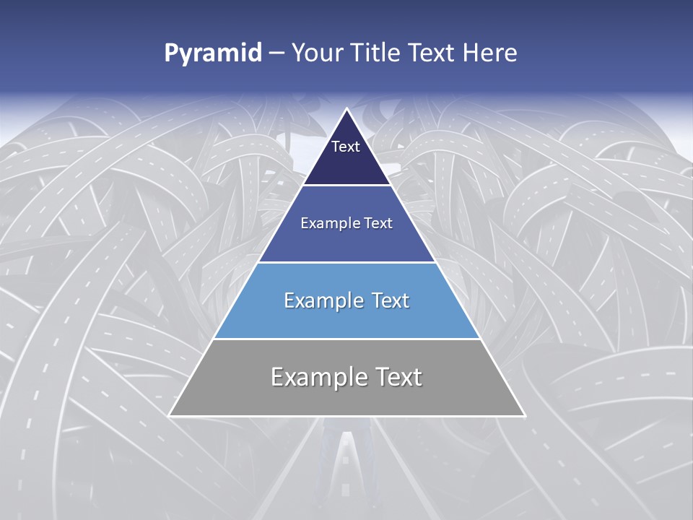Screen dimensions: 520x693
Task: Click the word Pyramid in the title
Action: coord(213,53)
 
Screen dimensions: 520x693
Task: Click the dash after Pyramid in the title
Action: coord(276,53)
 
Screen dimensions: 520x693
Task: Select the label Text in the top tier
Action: coord(345,147)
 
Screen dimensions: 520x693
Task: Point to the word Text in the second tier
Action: coord(378,223)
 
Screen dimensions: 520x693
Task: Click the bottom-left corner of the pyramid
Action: coord(170,415)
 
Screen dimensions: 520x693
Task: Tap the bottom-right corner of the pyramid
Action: coord(524,415)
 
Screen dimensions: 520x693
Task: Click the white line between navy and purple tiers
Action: coord(346,186)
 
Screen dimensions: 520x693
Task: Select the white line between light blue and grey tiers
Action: coord(346,339)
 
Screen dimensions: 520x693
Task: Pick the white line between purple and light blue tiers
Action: coord(346,262)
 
